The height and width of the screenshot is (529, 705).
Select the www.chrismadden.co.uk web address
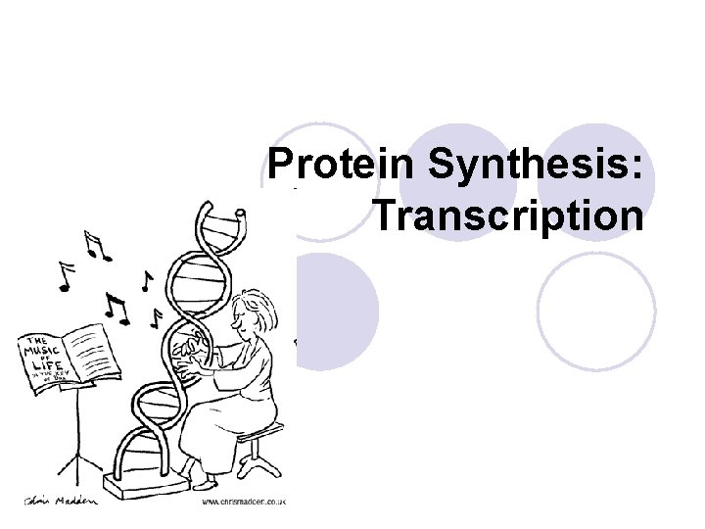point(242,501)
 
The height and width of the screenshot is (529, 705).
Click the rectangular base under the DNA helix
point(147,484)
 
